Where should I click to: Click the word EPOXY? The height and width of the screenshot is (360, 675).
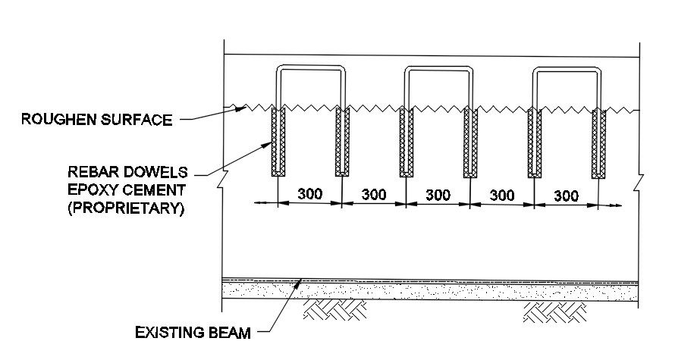click(x=91, y=189)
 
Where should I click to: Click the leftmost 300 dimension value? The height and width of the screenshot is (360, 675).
click(x=310, y=194)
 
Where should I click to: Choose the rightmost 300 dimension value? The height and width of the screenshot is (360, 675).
click(x=567, y=196)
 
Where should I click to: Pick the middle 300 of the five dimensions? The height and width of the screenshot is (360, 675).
click(x=438, y=194)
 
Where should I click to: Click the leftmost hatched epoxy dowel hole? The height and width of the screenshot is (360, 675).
click(x=278, y=142)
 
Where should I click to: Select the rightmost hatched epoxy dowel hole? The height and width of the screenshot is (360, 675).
click(x=599, y=142)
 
